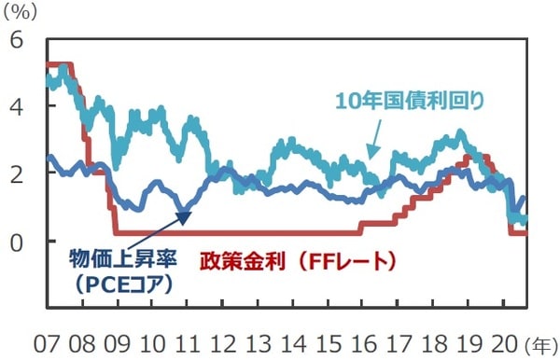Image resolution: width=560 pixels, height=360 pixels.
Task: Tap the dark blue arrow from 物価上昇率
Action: click(x=169, y=224)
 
